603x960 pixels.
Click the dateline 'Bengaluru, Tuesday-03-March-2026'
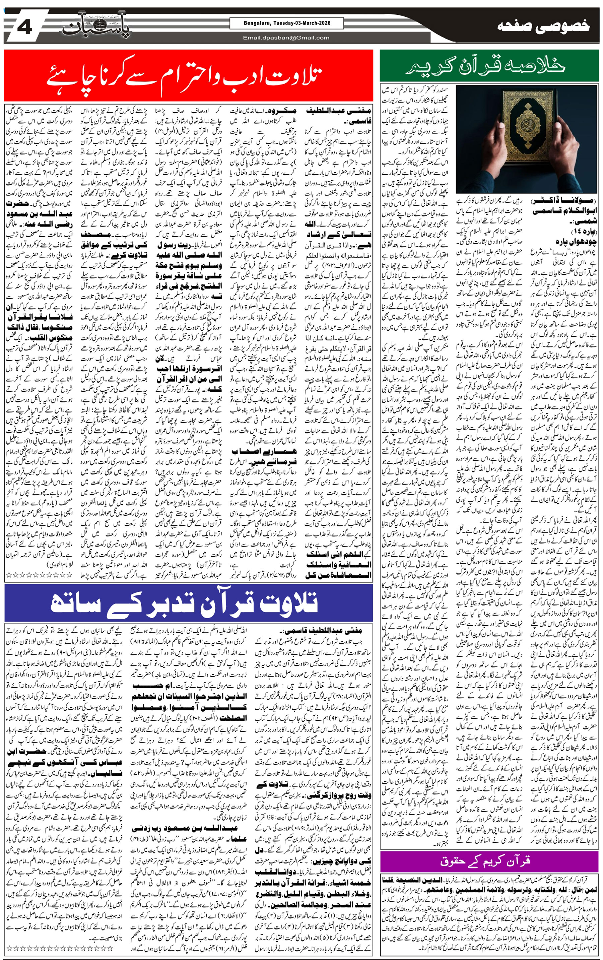click(x=286, y=23)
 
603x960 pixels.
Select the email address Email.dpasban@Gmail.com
click(x=286, y=38)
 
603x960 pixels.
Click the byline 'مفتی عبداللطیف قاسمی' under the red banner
click(x=338, y=116)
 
